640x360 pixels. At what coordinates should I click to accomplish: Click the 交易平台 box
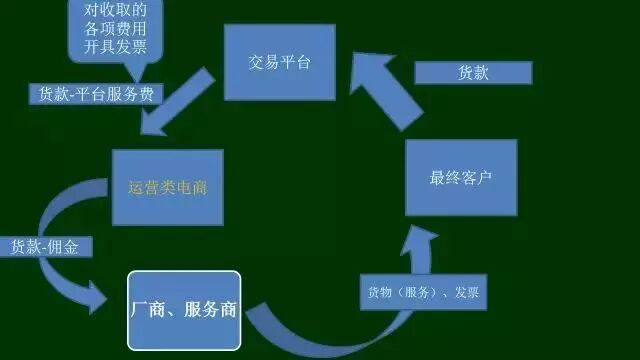[x=279, y=63]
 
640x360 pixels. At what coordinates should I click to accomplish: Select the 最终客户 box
[x=461, y=178]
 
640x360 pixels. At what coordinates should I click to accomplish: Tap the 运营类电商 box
[x=166, y=187]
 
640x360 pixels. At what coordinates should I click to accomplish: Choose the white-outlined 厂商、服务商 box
[x=184, y=310]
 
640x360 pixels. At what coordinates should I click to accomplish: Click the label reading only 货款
[x=473, y=73]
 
